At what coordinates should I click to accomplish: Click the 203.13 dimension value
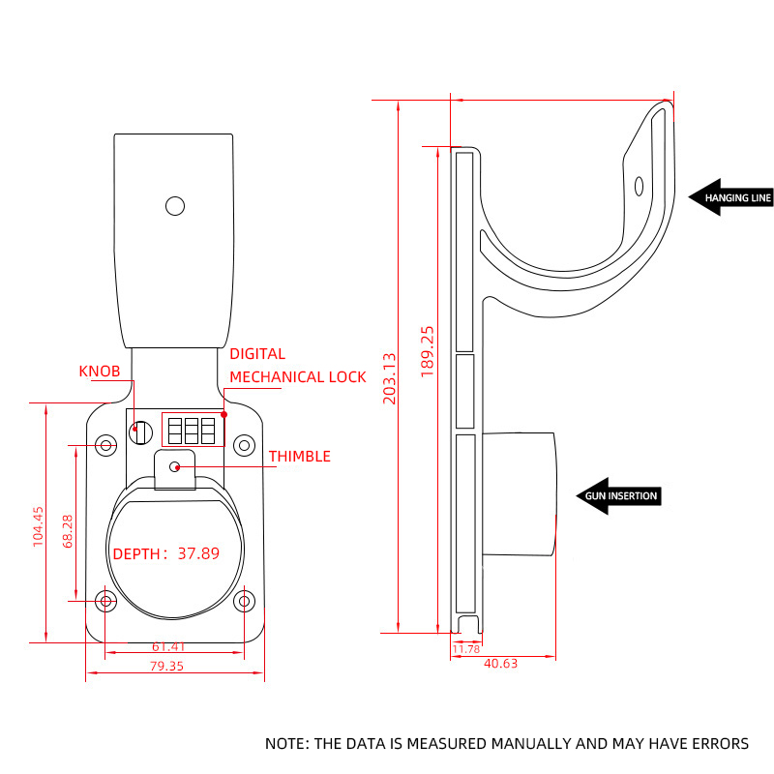[390, 377]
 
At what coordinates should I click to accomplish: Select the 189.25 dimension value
[428, 351]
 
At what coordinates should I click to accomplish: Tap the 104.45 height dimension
[39, 526]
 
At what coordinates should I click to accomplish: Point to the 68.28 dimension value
[67, 531]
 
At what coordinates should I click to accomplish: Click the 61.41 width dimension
[167, 646]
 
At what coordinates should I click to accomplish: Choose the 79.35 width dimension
[167, 666]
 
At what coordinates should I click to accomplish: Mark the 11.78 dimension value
[466, 649]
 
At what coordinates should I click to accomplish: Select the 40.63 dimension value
[499, 663]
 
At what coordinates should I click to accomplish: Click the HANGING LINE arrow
[730, 197]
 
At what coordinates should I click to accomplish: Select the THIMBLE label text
[299, 457]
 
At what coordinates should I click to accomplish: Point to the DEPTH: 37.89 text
[166, 554]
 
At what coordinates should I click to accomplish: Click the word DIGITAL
[257, 354]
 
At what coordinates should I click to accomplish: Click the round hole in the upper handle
[175, 206]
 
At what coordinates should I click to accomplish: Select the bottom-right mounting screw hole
[244, 601]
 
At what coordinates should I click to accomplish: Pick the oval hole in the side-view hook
[639, 186]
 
